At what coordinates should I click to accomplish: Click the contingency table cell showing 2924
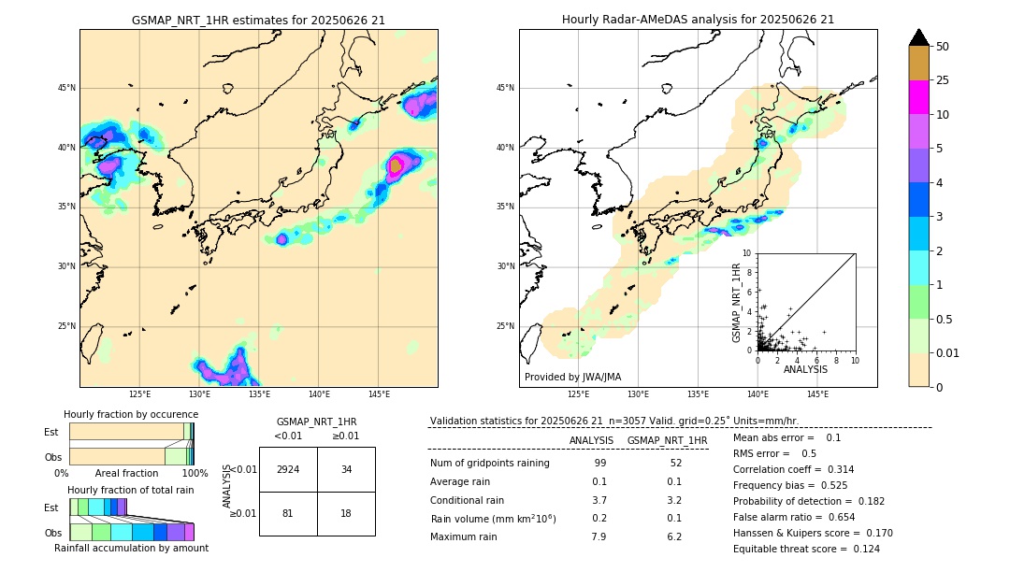pos(288,469)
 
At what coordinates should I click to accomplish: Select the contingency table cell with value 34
pos(346,469)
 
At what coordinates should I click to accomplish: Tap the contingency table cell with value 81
pos(288,513)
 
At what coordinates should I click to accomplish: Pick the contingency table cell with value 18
pos(346,513)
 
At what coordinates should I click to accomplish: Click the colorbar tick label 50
pos(943,47)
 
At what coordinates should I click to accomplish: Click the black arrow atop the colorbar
pos(919,37)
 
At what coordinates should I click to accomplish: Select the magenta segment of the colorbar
pos(919,97)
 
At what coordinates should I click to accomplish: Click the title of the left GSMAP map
pos(258,20)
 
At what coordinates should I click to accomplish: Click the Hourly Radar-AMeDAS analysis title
pos(698,20)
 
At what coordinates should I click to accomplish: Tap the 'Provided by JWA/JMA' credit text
pos(572,377)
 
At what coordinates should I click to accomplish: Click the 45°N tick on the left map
pos(66,88)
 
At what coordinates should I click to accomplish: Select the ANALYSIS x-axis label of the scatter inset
pos(805,369)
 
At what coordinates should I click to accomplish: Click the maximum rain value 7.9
pos(599,536)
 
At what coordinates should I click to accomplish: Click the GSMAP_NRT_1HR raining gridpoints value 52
pos(675,464)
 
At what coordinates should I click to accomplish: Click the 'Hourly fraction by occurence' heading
pos(131,414)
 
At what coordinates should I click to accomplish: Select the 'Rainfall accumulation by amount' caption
pos(131,548)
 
